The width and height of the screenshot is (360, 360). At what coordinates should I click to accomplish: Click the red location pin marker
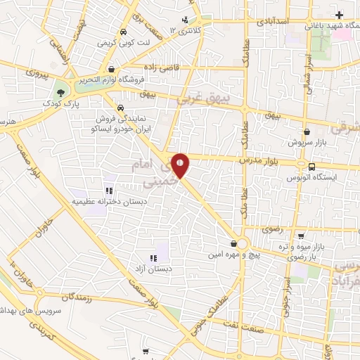point(181,166)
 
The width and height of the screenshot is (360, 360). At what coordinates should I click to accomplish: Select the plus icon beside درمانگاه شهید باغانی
point(340,14)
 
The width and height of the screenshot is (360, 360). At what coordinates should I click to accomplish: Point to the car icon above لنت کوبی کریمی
point(123,32)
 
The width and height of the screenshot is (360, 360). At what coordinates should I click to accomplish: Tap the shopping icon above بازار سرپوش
point(307,131)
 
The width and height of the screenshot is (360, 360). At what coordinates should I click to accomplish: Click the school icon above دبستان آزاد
point(153,258)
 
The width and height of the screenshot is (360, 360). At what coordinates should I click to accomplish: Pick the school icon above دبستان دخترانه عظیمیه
point(109,190)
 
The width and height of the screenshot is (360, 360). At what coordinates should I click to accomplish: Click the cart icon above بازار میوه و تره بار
point(301,236)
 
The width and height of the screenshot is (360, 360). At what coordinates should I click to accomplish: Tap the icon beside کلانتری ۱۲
point(185,20)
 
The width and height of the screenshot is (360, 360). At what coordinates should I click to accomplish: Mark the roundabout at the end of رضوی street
point(243,243)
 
